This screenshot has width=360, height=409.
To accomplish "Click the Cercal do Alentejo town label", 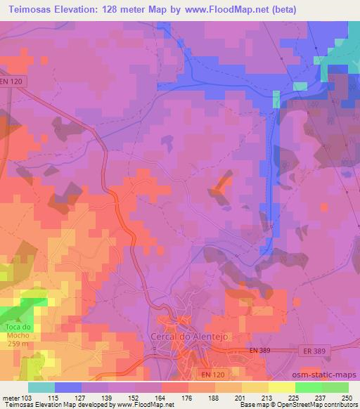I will pos(186,336).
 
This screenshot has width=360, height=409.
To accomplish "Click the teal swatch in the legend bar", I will pos(41,387).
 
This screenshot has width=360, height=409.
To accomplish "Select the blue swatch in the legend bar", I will pos(68,387).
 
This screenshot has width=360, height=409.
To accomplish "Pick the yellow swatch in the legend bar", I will pos(282,387).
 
